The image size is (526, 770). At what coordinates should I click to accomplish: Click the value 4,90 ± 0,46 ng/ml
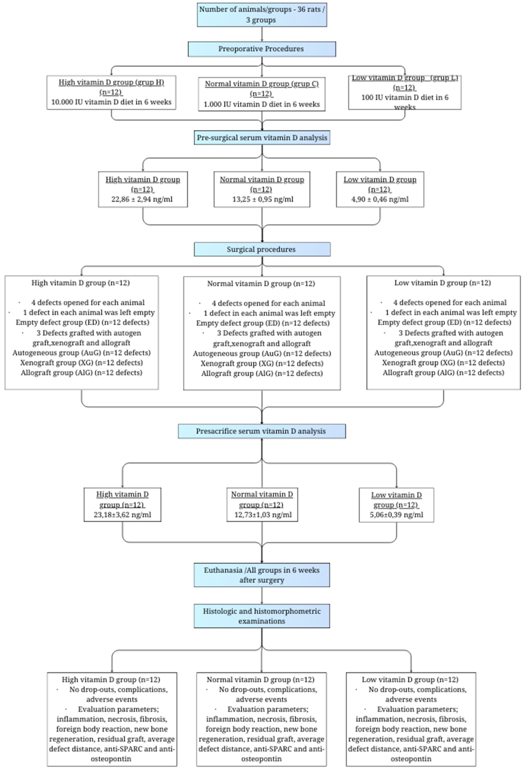pyautogui.click(x=380, y=199)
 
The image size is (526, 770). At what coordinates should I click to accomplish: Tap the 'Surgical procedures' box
pyautogui.click(x=262, y=250)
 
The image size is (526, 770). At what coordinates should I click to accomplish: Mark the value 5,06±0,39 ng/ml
pyautogui.click(x=396, y=515)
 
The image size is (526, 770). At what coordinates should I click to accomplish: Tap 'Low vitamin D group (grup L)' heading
pyautogui.click(x=405, y=78)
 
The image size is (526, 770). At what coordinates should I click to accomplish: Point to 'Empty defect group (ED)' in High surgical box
pyautogui.click(x=82, y=322)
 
